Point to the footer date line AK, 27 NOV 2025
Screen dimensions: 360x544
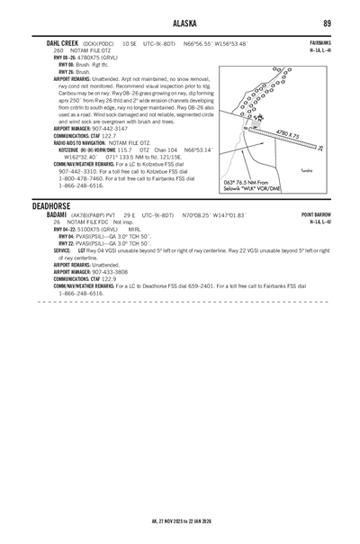(180, 521)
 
